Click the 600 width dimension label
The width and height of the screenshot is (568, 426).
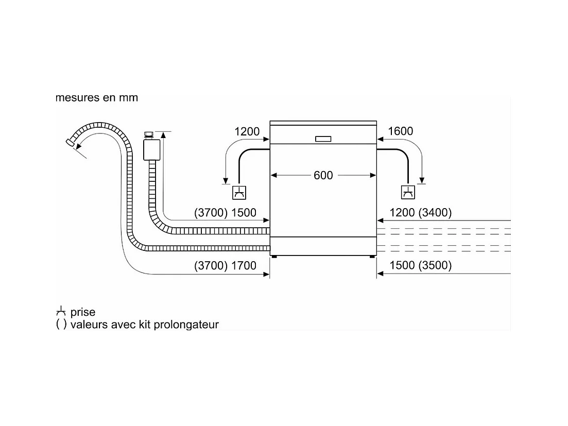point(323,175)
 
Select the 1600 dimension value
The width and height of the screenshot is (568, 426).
point(400,131)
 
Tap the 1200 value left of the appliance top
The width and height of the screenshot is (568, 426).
point(247,131)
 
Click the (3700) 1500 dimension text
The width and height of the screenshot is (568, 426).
point(226,213)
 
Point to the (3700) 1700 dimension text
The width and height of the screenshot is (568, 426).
point(226,265)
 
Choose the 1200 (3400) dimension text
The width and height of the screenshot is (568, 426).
point(421,213)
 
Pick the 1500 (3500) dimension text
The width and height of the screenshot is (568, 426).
point(421,265)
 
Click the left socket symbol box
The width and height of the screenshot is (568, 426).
point(239,193)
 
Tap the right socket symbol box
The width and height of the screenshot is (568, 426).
point(408,192)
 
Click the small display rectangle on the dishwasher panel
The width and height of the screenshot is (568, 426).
point(323,139)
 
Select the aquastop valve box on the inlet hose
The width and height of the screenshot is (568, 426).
point(152,149)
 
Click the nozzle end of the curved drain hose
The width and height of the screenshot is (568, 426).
point(70,142)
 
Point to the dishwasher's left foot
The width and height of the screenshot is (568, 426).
point(275,257)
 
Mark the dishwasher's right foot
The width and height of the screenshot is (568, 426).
point(372,257)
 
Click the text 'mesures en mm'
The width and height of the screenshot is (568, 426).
point(97,98)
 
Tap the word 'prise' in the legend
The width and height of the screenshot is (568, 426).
point(83,312)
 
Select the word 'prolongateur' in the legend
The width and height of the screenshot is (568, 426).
point(186,325)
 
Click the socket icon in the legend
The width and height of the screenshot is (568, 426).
point(61,311)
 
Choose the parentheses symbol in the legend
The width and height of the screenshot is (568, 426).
point(61,324)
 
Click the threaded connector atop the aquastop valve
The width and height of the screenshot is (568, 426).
point(149,135)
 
